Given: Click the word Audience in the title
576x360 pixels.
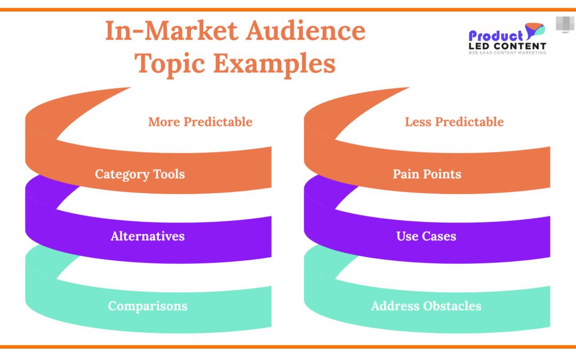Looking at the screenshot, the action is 306,30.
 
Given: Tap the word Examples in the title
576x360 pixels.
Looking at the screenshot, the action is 275,63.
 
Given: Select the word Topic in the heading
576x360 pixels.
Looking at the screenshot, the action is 170,63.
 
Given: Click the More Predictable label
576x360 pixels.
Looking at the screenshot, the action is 200,122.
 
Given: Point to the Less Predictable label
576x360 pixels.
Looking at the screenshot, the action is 454,122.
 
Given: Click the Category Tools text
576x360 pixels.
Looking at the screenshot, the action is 140,174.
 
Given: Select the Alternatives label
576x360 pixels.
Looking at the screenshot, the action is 148,236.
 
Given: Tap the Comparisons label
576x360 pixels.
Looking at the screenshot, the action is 148,306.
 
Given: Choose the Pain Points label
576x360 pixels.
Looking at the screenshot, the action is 427,174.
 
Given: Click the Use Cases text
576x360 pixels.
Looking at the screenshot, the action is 426,236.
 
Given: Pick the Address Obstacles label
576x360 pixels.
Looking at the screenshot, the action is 426,306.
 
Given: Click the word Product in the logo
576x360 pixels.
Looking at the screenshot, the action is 495,36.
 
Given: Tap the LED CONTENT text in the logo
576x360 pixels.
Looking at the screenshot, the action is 507,46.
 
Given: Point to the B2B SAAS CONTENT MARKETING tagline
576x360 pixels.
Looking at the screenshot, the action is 507,53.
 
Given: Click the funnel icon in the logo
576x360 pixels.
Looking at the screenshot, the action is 534,31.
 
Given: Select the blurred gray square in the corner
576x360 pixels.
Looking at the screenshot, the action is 565,24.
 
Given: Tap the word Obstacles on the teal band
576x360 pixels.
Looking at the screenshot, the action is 452,306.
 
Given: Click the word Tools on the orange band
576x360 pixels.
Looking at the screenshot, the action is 169,174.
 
